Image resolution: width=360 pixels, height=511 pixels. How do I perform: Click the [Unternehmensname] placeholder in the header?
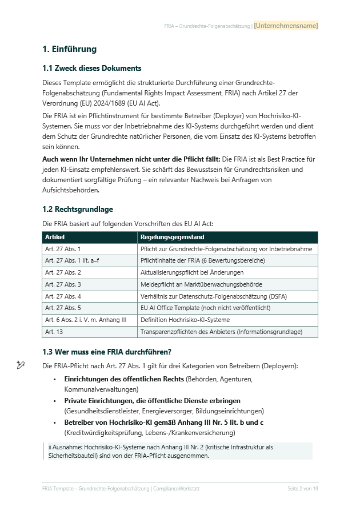point(286,26)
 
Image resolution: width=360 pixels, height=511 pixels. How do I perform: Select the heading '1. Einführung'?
point(69,49)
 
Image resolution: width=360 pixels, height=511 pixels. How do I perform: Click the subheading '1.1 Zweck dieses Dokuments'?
point(91,68)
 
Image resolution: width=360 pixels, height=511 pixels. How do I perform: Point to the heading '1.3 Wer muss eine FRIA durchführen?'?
point(107,351)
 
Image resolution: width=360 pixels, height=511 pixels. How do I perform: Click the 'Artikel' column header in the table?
point(55,237)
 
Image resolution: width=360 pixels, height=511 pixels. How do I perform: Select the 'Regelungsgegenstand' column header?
point(172,237)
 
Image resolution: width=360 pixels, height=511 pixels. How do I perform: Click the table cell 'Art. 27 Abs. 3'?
point(63,284)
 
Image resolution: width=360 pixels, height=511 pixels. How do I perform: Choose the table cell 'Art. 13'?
point(54,332)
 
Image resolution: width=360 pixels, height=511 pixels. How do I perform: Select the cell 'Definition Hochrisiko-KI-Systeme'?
point(185,320)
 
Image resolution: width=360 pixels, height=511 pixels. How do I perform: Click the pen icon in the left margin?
point(21,365)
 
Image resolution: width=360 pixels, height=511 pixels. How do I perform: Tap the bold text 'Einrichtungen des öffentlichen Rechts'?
point(124,379)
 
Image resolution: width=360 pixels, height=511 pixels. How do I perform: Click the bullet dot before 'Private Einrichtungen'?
point(54,401)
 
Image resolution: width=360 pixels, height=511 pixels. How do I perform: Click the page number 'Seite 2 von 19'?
point(302,489)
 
